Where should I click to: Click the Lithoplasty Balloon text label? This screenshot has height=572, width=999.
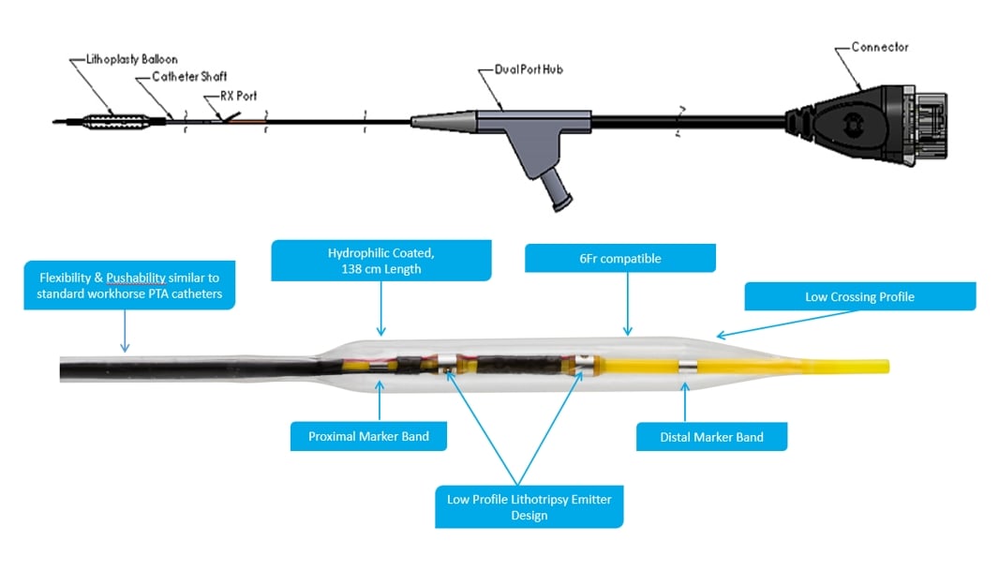click(125, 60)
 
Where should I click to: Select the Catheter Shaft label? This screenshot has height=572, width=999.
click(189, 77)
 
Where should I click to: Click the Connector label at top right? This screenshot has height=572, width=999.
click(880, 47)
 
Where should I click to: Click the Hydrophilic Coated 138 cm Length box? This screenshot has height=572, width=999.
click(380, 261)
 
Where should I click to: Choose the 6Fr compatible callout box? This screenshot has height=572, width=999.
click(619, 258)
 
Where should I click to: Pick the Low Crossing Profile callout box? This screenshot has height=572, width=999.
click(859, 297)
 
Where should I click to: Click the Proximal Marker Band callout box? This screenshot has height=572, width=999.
click(368, 436)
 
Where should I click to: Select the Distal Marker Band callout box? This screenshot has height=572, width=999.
click(711, 437)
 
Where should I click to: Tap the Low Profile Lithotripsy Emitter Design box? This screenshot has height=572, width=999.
click(529, 507)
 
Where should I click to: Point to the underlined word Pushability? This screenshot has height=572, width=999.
click(136, 278)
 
